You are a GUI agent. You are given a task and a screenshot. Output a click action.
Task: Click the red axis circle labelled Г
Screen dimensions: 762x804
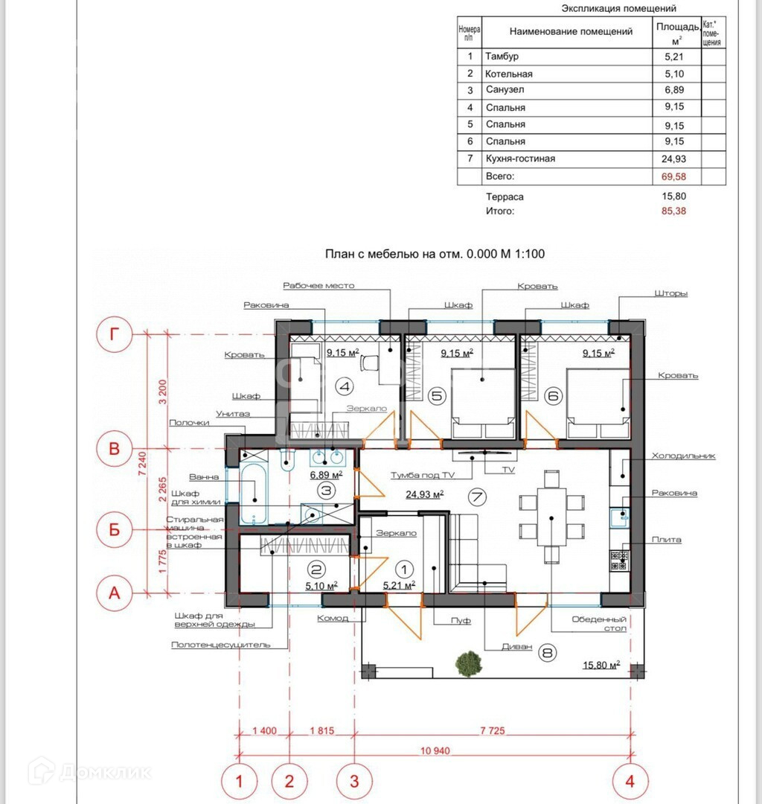[x=115, y=334]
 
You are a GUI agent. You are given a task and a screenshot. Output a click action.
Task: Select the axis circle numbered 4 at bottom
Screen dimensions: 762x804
[x=630, y=781]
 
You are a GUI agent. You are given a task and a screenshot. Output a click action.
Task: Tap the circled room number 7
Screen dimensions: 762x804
[x=477, y=497]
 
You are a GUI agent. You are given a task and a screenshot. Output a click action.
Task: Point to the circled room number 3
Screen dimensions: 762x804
[x=327, y=491]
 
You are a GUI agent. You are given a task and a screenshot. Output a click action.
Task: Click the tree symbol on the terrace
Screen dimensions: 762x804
[x=468, y=663]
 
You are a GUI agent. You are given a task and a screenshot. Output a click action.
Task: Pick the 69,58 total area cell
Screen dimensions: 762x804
[x=673, y=177]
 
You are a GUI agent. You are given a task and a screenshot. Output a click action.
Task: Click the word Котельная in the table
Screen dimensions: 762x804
[x=508, y=74]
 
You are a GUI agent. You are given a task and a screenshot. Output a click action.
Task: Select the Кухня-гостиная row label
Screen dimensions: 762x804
[x=520, y=159]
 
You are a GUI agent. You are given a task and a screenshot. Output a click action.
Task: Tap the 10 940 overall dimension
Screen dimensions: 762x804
[x=435, y=750]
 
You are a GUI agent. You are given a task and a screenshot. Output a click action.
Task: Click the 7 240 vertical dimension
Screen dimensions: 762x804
[x=142, y=463]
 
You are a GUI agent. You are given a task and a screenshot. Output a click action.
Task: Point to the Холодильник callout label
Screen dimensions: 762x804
[x=683, y=456]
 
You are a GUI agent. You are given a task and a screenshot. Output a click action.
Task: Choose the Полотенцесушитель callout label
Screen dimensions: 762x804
[x=220, y=645]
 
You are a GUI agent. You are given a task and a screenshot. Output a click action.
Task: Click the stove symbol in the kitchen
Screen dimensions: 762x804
[x=619, y=561]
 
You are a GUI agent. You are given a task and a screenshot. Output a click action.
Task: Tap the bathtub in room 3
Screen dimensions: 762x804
[x=254, y=494]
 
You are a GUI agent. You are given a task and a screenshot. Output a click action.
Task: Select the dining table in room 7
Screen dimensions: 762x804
[x=551, y=517]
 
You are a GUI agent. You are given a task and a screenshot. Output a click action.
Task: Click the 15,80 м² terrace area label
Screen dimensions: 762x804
[x=601, y=665]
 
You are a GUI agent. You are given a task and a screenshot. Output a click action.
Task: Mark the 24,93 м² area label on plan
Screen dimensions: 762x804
[x=425, y=494]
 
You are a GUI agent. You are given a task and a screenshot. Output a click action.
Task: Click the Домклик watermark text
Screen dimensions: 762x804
[x=105, y=772]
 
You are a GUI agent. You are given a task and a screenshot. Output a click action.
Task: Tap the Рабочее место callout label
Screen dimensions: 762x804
[x=318, y=286]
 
